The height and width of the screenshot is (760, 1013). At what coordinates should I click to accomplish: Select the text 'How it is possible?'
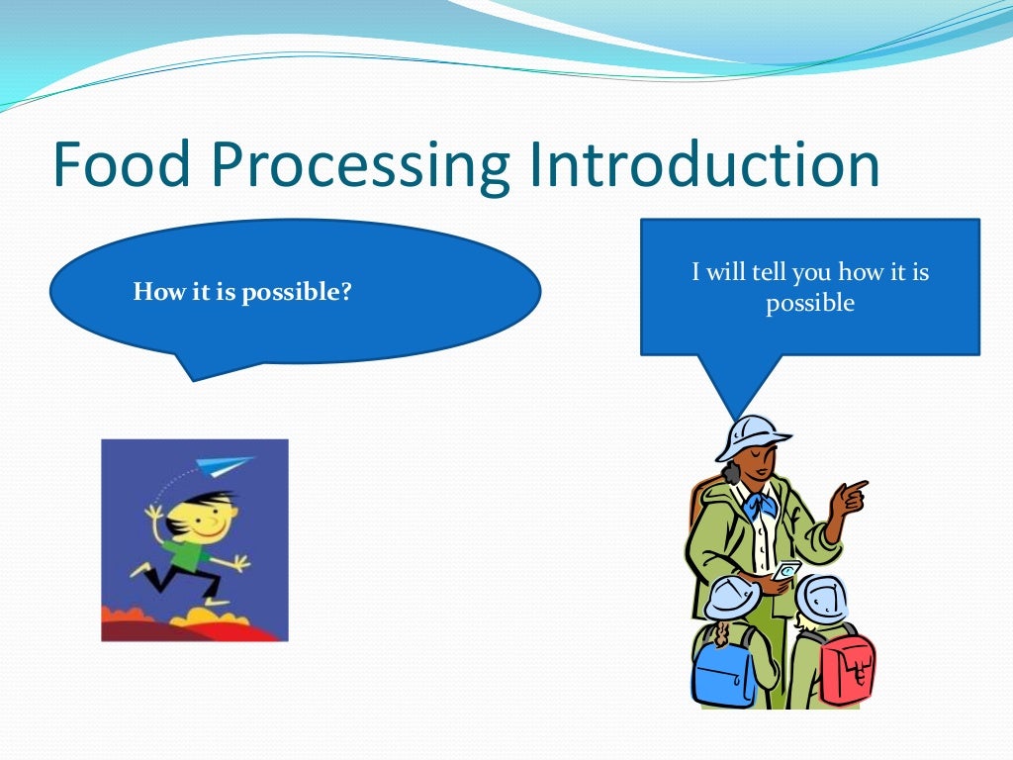tap(242, 293)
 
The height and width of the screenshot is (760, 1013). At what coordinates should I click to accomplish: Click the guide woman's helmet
tap(751, 435)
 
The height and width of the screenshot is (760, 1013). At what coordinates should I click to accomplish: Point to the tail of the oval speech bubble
tap(198, 366)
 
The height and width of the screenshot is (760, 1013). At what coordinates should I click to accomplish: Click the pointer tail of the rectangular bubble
tap(732, 386)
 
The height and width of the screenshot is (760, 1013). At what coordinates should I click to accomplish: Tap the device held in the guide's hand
tap(786, 571)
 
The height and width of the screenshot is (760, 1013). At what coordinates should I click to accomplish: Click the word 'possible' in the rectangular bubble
tap(809, 303)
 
